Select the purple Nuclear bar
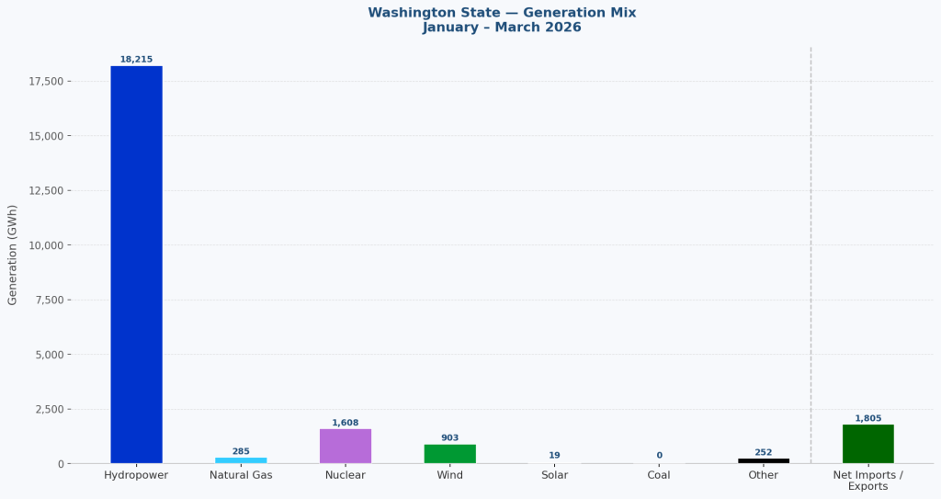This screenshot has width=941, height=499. click(346, 446)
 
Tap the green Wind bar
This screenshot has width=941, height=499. click(449, 454)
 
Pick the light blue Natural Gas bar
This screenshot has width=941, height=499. click(241, 460)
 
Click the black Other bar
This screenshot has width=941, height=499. click(763, 460)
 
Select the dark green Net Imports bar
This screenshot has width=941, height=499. click(867, 444)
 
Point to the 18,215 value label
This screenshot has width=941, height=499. click(136, 60)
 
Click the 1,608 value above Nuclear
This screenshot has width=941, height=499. click(346, 423)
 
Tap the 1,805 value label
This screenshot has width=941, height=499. click(867, 418)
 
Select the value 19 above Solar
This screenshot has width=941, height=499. click(554, 455)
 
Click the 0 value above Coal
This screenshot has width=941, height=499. click(659, 455)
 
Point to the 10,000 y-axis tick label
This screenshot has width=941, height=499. click(43, 245)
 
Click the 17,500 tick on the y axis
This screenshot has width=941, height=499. click(43, 82)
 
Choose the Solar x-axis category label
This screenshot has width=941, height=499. click(554, 475)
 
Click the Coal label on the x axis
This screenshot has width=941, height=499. click(659, 475)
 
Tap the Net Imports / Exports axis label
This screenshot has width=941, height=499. click(867, 481)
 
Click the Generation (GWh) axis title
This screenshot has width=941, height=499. click(13, 255)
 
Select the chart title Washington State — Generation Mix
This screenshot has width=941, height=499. click(502, 13)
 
